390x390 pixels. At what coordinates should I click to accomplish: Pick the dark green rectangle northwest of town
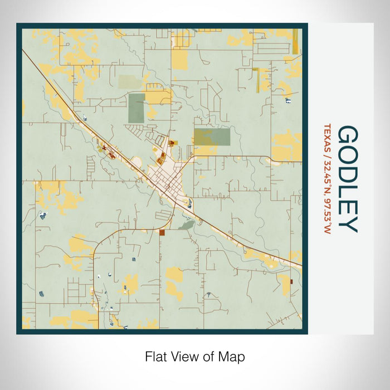coord(136,108)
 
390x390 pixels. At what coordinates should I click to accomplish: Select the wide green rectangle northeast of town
coord(212,137)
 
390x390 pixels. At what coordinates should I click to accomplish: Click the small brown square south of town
coord(162,233)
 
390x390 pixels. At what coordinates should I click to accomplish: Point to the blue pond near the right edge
coord(287,100)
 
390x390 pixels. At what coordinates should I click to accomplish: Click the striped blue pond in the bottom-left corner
coord(42,294)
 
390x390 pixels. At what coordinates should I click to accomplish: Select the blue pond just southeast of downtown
coord(191,203)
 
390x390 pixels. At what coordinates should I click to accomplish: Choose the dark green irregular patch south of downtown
coord(186,225)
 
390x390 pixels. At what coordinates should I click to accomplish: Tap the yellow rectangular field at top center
coord(179,59)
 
